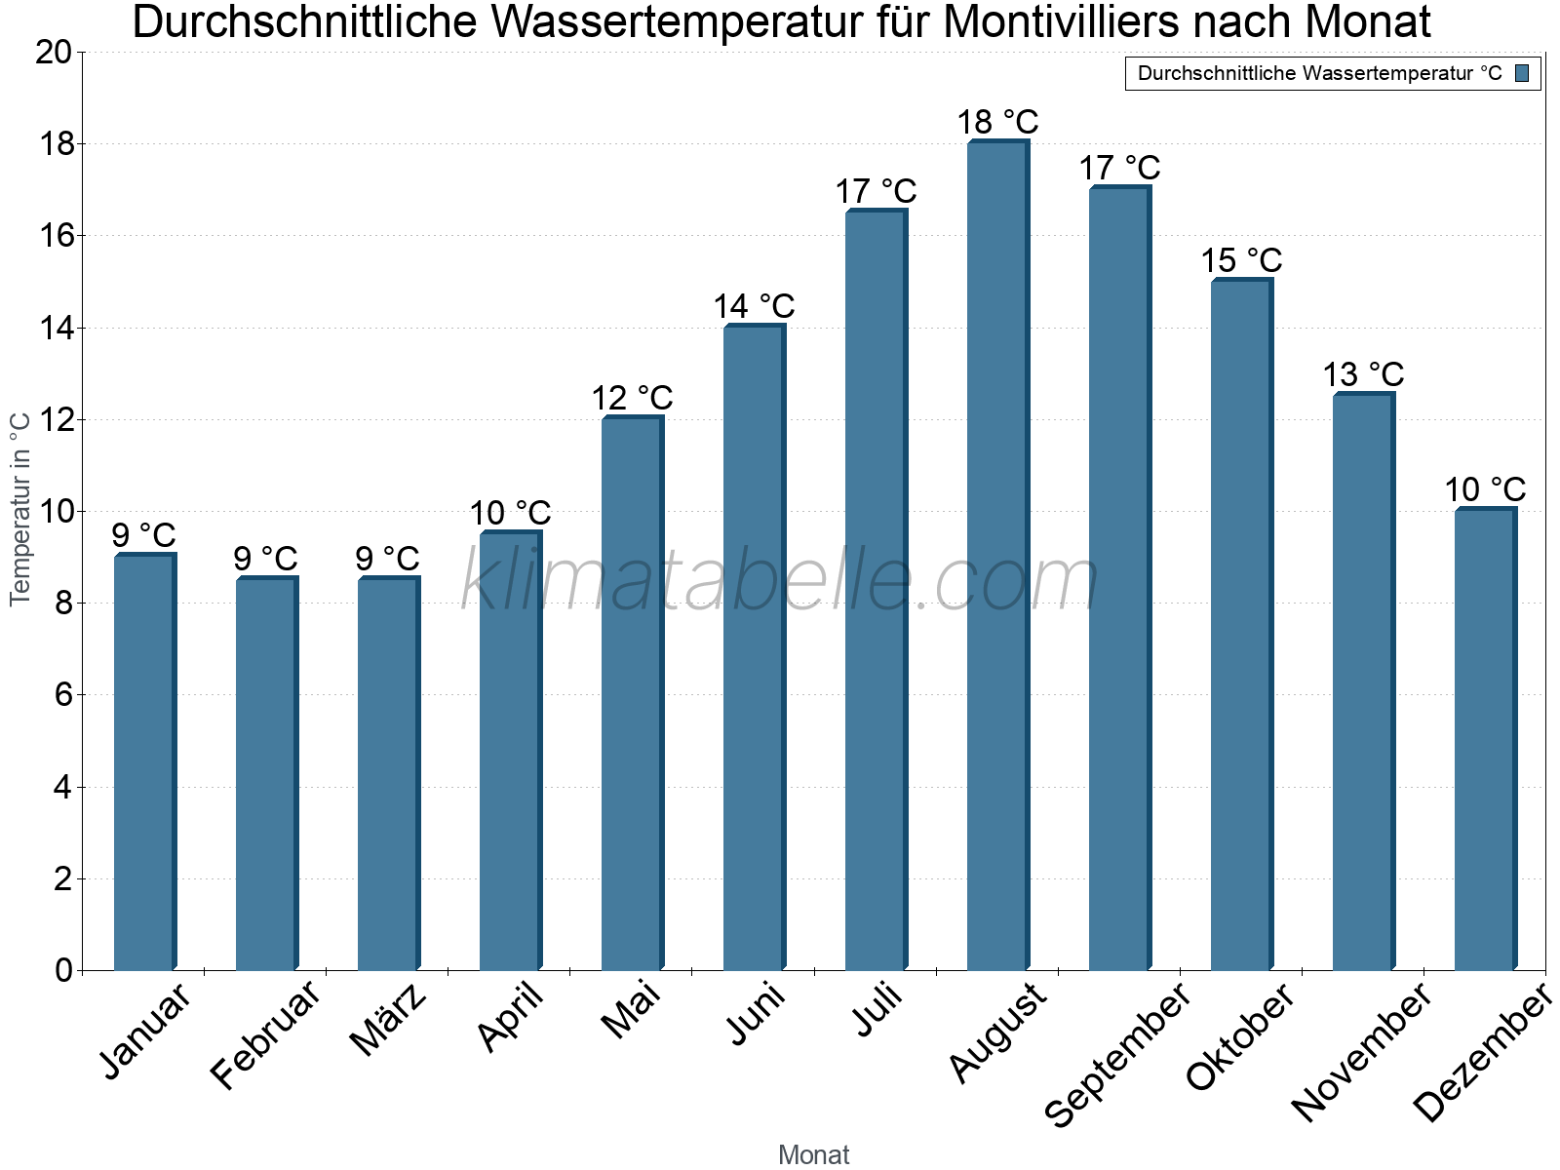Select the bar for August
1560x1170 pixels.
pos(997,556)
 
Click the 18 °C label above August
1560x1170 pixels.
pos(997,123)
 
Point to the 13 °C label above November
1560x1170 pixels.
pos(1363,374)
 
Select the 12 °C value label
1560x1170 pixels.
pos(632,398)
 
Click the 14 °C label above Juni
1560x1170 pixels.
pos(754,306)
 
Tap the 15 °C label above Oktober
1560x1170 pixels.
pos(1241,260)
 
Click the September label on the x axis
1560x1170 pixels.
pos(1117,1054)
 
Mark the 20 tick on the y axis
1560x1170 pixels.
pos(54,53)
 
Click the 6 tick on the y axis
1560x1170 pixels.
pos(63,695)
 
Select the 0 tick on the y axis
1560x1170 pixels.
pos(63,970)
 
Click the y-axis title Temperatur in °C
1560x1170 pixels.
pos(20,508)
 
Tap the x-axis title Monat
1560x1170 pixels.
pos(813,1154)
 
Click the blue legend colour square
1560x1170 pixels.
pos(1522,73)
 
